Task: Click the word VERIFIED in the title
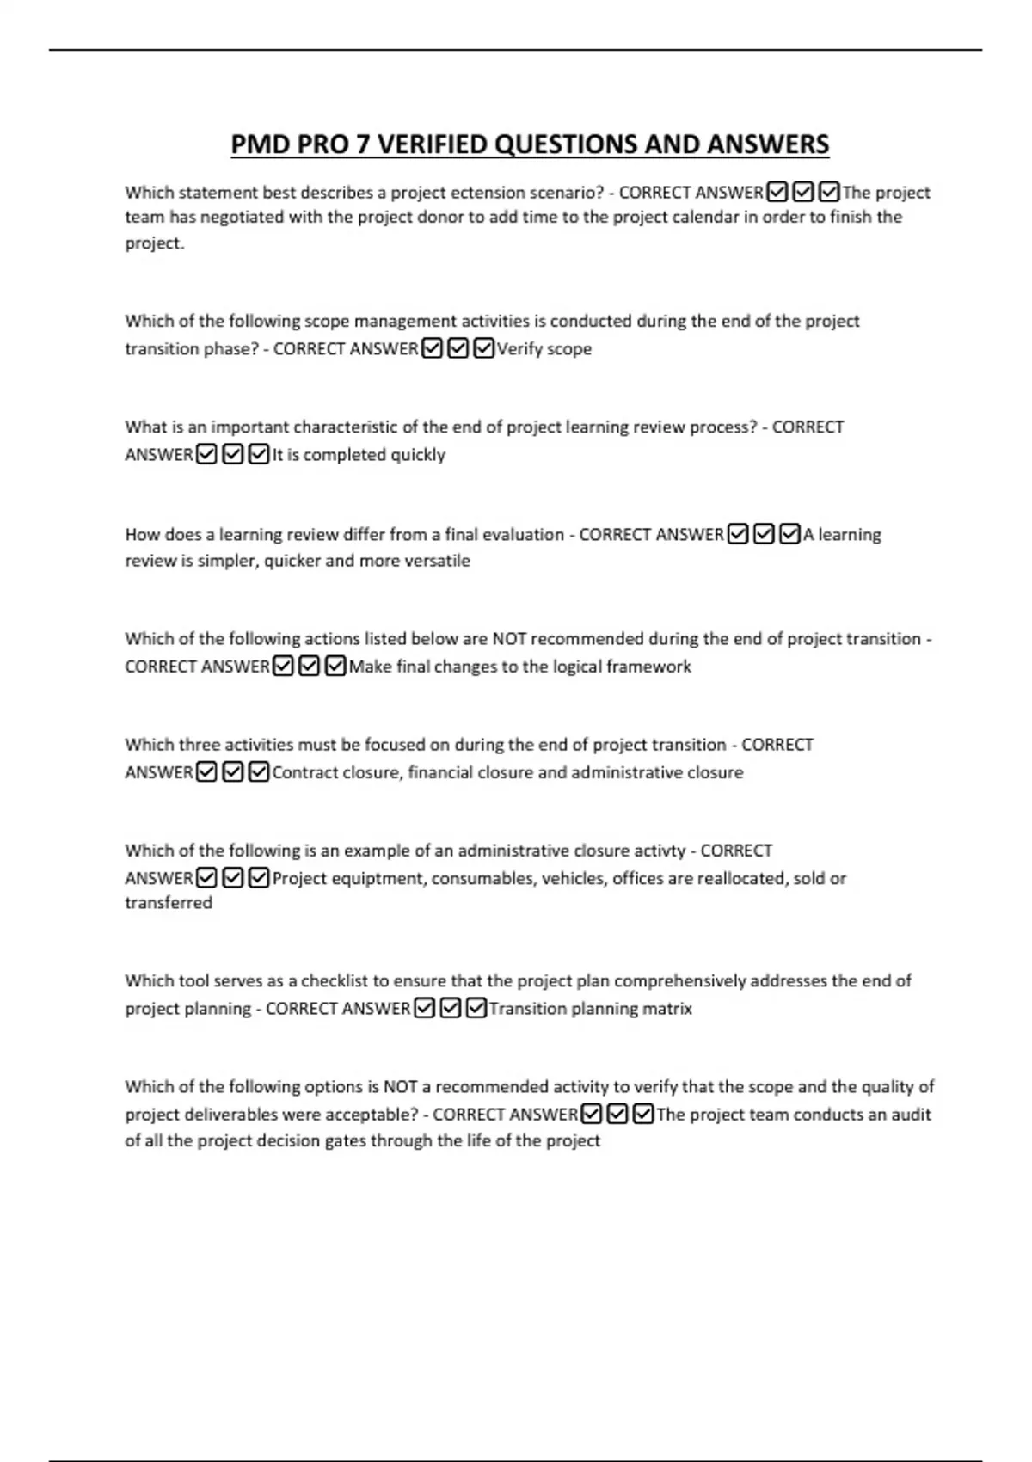[431, 144]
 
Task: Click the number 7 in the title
[362, 144]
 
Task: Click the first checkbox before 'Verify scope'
[432, 348]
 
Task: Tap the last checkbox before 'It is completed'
[259, 454]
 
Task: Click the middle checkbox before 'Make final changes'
[310, 666]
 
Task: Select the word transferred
[169, 903]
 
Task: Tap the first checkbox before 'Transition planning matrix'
[424, 1008]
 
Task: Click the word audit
[910, 1115]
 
